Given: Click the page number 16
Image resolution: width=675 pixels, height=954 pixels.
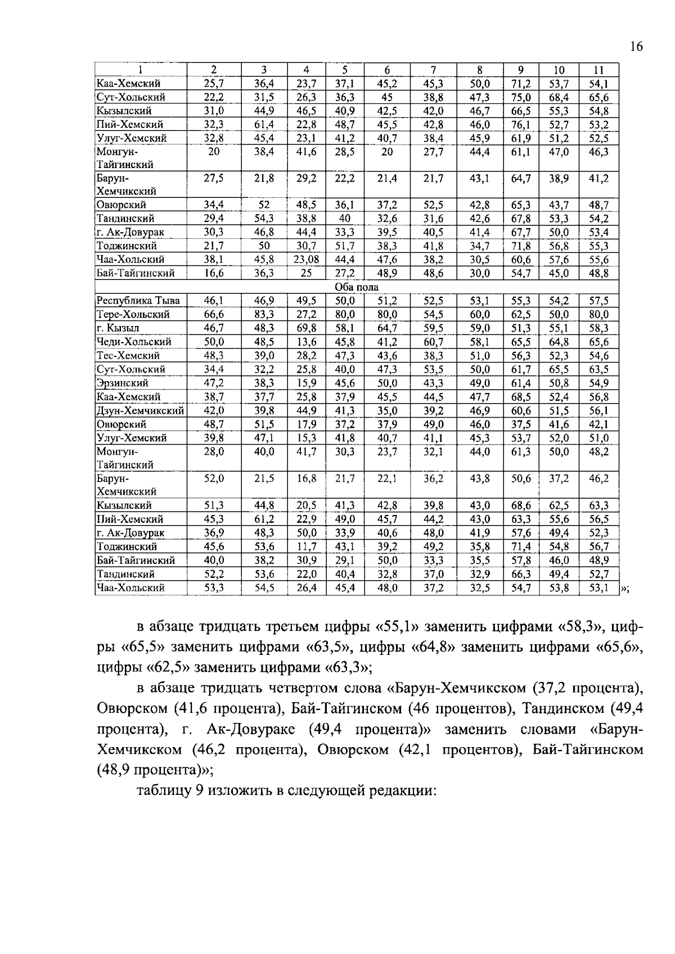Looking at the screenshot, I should [636, 47].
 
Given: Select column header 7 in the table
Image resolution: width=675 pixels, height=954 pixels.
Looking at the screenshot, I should [433, 70].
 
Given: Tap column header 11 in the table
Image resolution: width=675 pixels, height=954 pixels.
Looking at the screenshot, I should [598, 70].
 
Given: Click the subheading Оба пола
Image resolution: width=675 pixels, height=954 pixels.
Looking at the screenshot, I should [357, 287].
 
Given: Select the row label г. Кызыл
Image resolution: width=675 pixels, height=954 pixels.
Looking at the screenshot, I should [118, 328].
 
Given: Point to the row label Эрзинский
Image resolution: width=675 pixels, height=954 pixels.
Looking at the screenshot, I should [123, 383].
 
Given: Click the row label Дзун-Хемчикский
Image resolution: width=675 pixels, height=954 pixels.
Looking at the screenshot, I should [141, 410].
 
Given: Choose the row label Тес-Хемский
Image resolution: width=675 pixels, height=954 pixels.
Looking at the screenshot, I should [128, 355].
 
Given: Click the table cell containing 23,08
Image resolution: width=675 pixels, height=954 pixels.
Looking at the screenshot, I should [306, 260].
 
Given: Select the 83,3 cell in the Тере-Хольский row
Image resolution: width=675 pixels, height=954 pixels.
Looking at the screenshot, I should [264, 314].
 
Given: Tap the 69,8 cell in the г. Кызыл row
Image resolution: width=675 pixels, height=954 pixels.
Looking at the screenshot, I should [306, 328].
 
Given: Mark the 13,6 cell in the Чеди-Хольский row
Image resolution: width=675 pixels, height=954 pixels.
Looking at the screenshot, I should [306, 342].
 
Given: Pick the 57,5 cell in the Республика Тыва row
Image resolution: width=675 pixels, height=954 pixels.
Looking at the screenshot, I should [598, 301].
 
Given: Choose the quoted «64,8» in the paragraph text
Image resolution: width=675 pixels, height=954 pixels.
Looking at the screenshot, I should [438, 647].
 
